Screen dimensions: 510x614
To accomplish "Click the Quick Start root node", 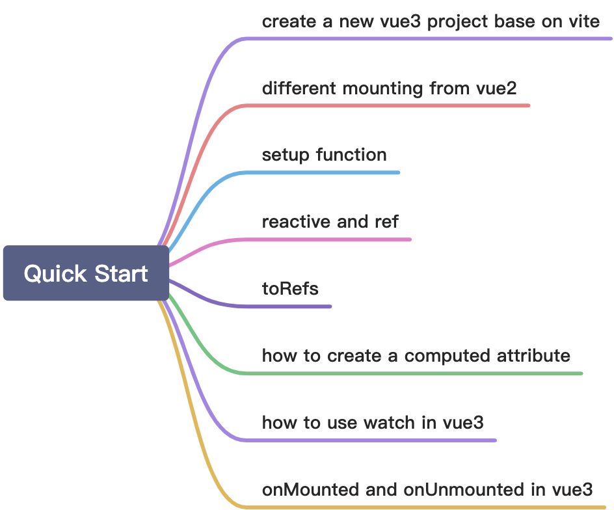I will point(86,273).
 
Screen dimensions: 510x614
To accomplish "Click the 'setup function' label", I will point(324,155).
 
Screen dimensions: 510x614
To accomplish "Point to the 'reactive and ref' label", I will point(330,221).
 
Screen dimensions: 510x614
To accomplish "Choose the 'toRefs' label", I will point(290,288).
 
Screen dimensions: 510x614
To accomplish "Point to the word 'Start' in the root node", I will point(119,273).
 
